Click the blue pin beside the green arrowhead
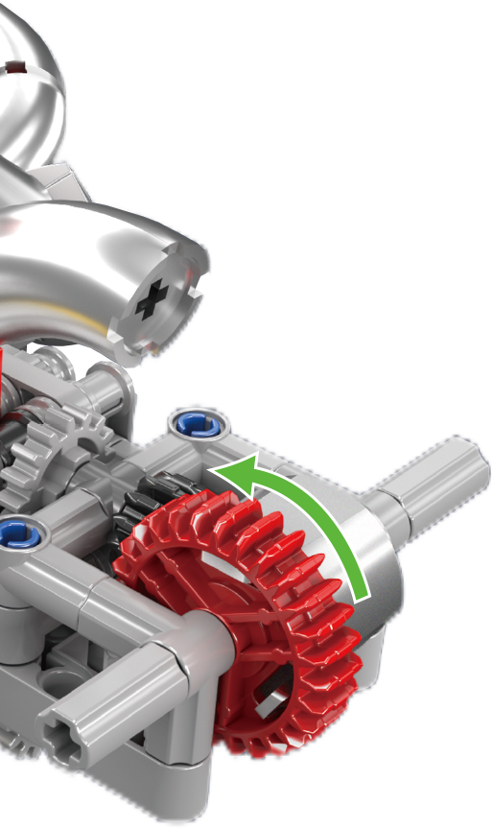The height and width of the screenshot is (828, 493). pyautogui.click(x=195, y=421)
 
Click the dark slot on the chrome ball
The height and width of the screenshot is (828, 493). pyautogui.click(x=16, y=67)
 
